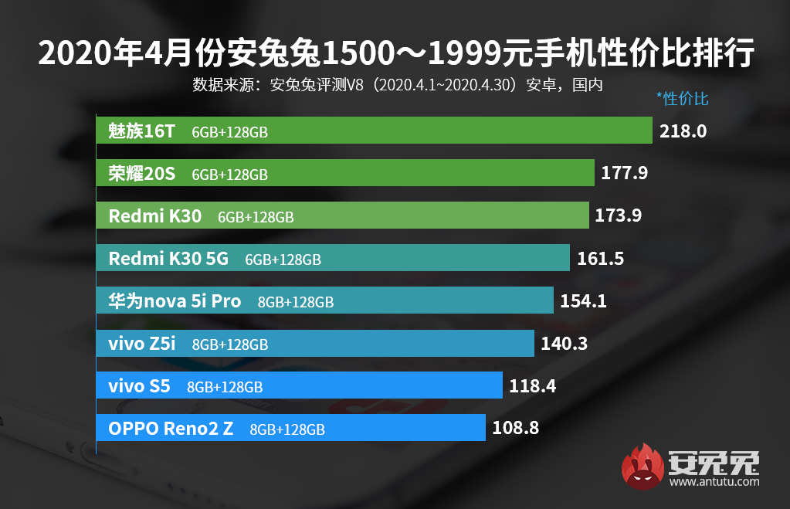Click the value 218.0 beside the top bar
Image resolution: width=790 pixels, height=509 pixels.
(683, 131)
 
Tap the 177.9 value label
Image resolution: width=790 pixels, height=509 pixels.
(624, 174)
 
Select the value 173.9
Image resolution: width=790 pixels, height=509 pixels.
(619, 215)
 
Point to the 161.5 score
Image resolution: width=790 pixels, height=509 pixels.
(600, 259)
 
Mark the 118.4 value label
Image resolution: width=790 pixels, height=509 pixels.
(533, 385)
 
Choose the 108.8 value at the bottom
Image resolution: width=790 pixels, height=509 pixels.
(515, 427)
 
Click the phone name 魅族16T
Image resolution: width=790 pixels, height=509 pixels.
(142, 131)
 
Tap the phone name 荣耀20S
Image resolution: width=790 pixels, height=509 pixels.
(142, 174)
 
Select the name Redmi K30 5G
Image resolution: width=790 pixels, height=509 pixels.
(168, 259)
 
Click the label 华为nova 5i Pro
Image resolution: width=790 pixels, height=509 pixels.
(175, 300)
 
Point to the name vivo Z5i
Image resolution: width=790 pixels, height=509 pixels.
(142, 343)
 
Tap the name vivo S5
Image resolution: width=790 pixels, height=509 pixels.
(139, 385)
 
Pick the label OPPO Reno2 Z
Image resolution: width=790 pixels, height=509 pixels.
(171, 428)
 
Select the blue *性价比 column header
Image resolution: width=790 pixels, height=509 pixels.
(682, 98)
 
